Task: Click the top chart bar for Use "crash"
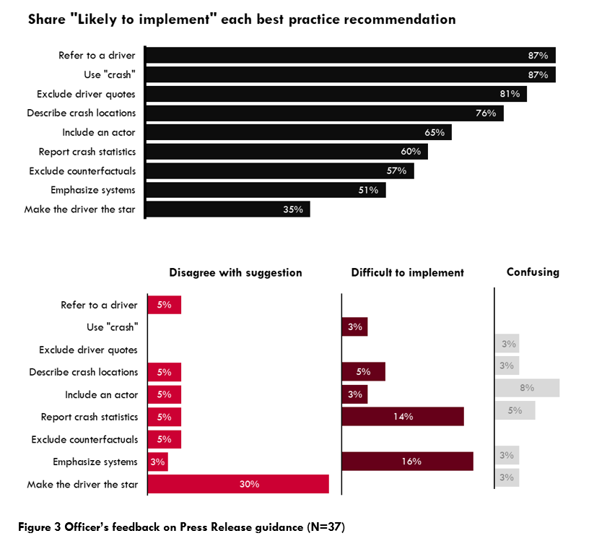tap(350, 74)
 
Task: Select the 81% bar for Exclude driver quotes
tap(336, 94)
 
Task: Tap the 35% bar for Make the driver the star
tap(227, 209)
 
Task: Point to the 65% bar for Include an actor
tap(298, 132)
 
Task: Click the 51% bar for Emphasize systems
tap(266, 190)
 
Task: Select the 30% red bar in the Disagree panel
tap(238, 484)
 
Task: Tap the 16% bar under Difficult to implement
tap(407, 462)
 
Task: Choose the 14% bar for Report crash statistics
tap(402, 417)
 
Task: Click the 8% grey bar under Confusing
tap(527, 388)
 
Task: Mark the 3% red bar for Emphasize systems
tap(158, 462)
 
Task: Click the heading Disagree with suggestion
tap(235, 272)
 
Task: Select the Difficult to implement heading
tap(407, 272)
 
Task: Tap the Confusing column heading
tap(533, 272)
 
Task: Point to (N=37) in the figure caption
tap(325, 527)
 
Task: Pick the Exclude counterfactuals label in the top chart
tap(82, 171)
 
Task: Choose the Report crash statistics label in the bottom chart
tap(89, 417)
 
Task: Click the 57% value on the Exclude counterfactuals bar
tap(396, 171)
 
